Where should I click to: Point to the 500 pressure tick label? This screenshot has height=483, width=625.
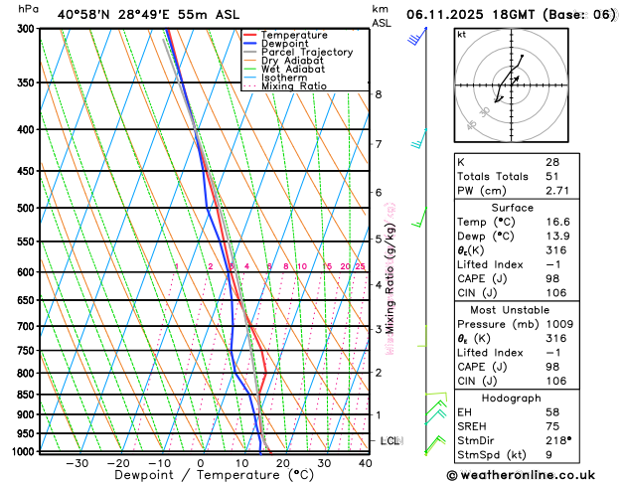point(26,209)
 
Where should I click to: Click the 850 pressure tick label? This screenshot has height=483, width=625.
point(26,395)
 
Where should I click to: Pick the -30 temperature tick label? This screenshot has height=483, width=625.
point(77,463)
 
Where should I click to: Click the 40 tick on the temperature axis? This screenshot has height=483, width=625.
point(365,463)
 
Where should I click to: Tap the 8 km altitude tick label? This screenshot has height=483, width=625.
point(378,94)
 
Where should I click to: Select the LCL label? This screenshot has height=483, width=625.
point(390,440)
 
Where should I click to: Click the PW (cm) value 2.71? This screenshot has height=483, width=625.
point(557,190)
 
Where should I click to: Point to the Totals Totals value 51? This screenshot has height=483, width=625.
point(551,176)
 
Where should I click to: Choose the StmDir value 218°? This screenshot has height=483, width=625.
point(558,439)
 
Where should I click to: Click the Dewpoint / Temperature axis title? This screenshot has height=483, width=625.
point(200,476)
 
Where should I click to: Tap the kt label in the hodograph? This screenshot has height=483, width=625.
point(461,34)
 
